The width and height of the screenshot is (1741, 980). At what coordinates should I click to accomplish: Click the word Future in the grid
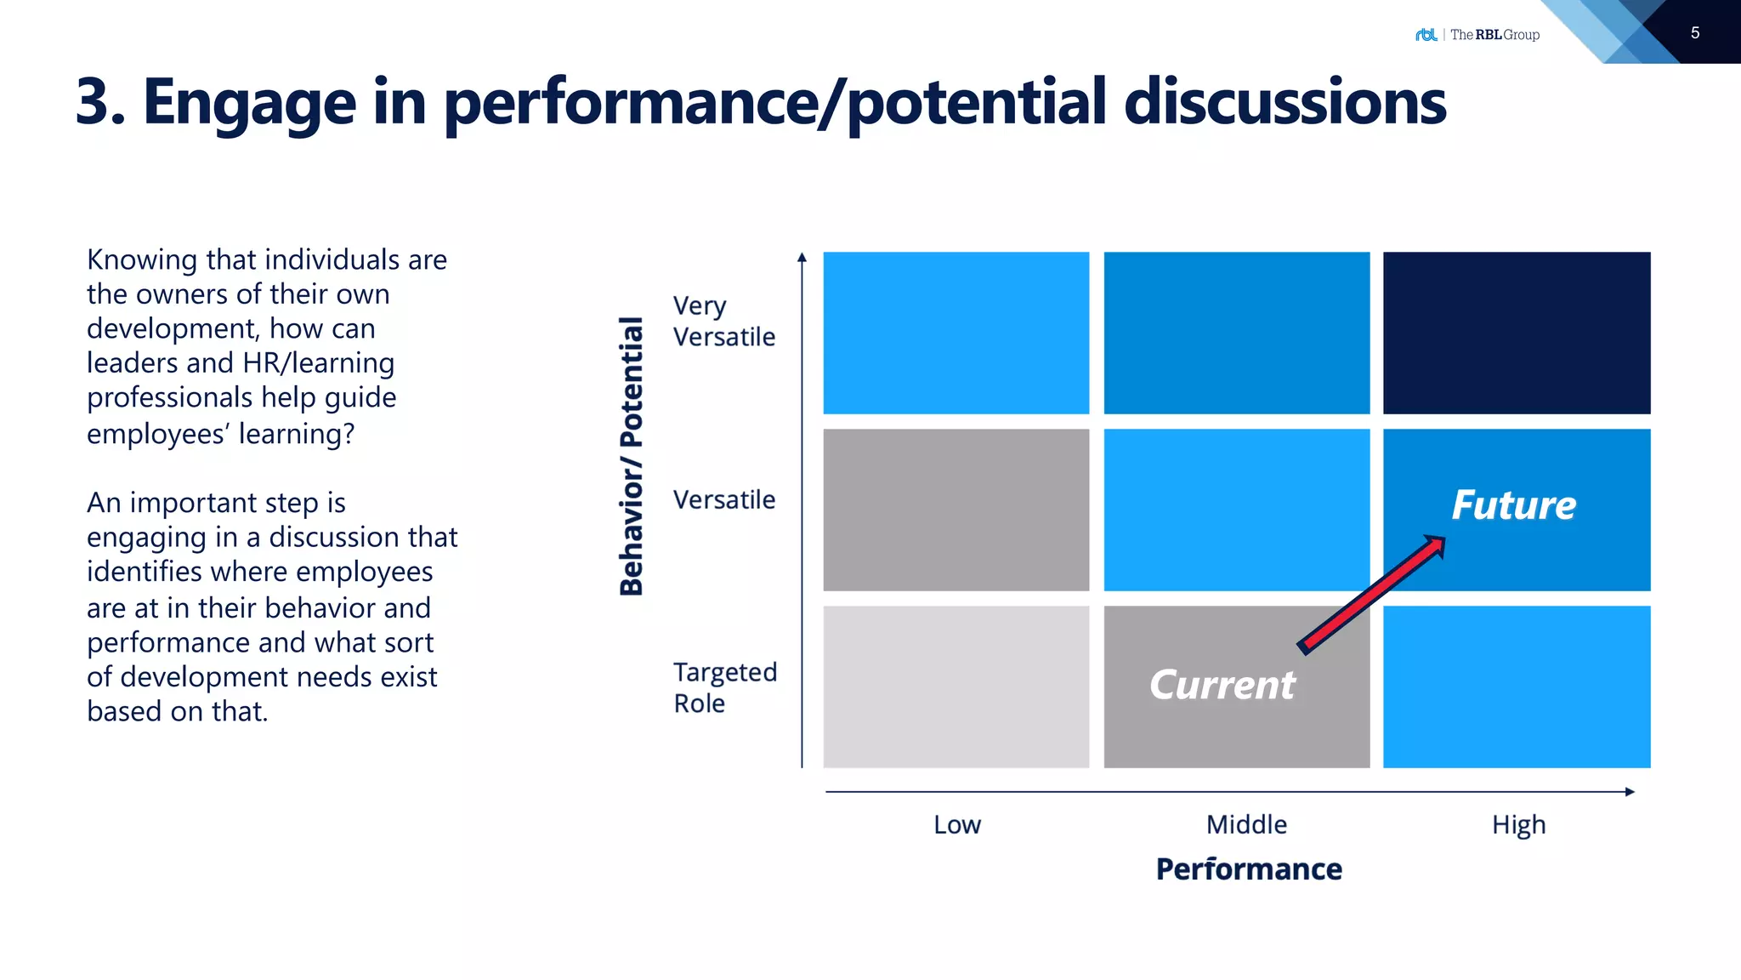pyautogui.click(x=1513, y=504)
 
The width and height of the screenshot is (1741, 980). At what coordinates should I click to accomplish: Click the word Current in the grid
pyautogui.click(x=1222, y=685)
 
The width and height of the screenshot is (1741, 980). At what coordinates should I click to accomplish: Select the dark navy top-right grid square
pyautogui.click(x=1517, y=333)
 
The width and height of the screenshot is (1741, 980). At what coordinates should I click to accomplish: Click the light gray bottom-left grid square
pyautogui.click(x=956, y=687)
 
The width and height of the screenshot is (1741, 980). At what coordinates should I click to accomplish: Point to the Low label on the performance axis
pyautogui.click(x=957, y=824)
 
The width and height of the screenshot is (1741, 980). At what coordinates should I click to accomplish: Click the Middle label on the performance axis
pyautogui.click(x=1246, y=824)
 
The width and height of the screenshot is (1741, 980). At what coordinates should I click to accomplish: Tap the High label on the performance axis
pyautogui.click(x=1518, y=824)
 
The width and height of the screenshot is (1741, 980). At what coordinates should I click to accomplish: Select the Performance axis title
pyautogui.click(x=1249, y=869)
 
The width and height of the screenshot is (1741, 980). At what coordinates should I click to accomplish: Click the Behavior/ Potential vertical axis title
pyautogui.click(x=631, y=456)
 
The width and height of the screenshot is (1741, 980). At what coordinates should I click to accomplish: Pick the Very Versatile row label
pyautogui.click(x=723, y=321)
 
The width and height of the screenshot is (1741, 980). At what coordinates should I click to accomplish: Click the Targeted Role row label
pyautogui.click(x=724, y=687)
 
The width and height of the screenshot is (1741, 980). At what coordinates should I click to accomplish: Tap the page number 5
pyautogui.click(x=1694, y=33)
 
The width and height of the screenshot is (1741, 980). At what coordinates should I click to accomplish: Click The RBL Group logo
pyautogui.click(x=1477, y=35)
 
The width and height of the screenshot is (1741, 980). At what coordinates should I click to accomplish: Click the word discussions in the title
pyautogui.click(x=1284, y=102)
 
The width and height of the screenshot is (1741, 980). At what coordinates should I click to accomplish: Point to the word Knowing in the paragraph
pyautogui.click(x=142, y=259)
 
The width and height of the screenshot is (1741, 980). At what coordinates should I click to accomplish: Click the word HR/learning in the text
pyautogui.click(x=318, y=363)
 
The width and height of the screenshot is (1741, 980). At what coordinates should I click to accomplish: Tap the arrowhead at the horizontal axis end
pyautogui.click(x=1629, y=792)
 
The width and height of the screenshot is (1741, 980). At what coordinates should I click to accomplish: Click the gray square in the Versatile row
pyautogui.click(x=956, y=510)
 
